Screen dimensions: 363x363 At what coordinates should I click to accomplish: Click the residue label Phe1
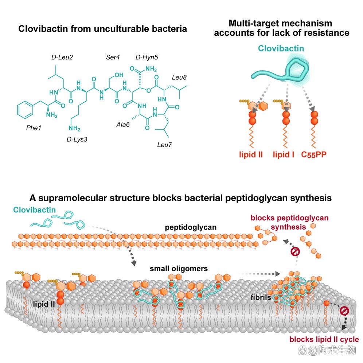click(34, 128)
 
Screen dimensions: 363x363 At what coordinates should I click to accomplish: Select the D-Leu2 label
click(62, 57)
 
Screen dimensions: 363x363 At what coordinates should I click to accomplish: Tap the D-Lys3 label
click(77, 139)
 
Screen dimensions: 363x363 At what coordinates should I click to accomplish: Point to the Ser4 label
click(113, 57)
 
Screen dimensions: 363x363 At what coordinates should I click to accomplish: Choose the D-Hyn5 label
click(147, 57)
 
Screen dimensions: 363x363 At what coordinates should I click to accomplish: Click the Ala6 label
click(123, 125)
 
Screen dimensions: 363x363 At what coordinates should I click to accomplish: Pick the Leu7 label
click(164, 145)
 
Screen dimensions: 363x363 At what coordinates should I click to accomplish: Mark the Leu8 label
click(179, 77)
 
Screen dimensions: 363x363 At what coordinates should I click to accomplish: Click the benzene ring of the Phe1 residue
click(25, 110)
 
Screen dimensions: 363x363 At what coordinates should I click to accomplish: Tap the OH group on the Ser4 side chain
click(119, 75)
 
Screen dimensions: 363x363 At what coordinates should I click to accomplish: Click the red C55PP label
click(314, 155)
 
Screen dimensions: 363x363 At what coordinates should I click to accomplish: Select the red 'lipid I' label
click(283, 155)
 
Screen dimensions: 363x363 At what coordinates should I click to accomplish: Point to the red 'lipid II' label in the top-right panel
click(251, 155)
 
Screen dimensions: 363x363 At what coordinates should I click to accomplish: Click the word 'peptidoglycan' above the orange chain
click(191, 227)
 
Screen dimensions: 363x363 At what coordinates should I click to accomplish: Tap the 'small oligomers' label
click(179, 269)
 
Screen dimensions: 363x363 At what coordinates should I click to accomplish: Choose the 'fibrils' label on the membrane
click(261, 297)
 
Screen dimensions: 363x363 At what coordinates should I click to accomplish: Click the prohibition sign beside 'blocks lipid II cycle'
click(344, 311)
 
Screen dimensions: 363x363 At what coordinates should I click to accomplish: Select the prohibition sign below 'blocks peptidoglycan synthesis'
click(296, 251)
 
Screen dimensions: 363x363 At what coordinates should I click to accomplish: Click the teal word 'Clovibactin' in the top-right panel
click(281, 48)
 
